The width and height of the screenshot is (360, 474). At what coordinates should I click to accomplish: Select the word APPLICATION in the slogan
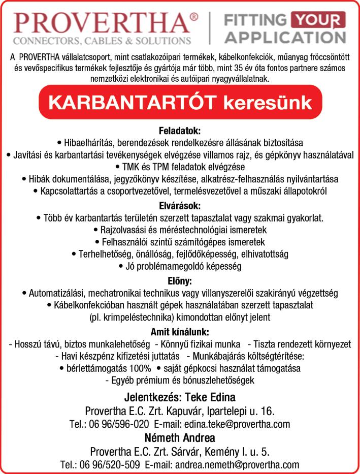pyautogui.click(x=285, y=38)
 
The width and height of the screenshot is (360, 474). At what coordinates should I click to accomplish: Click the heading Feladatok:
pyautogui.click(x=180, y=131)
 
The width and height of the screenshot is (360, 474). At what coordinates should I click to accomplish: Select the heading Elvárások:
pyautogui.click(x=180, y=206)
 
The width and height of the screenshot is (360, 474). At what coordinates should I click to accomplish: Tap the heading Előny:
pyautogui.click(x=180, y=280)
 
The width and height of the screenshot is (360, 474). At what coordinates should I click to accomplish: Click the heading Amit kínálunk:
pyautogui.click(x=180, y=332)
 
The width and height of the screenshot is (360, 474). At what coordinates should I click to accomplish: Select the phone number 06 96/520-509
pyautogui.click(x=111, y=464)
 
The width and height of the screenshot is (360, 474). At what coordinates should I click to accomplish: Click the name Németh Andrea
pyautogui.click(x=180, y=437)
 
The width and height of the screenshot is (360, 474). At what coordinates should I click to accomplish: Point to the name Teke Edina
pyautogui.click(x=210, y=397)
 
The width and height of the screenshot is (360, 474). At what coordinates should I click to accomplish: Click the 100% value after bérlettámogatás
pyautogui.click(x=142, y=368)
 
